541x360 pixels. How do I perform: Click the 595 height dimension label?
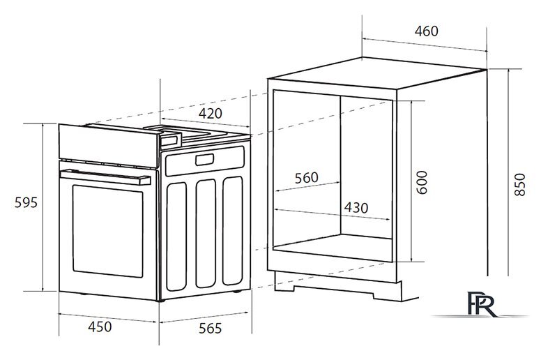click(x=26, y=202)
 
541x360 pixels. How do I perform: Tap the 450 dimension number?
click(x=100, y=327)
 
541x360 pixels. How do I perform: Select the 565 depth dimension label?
click(x=210, y=328)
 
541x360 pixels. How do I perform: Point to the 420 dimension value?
click(x=211, y=113)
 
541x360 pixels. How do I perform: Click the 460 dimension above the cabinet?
click(x=427, y=31)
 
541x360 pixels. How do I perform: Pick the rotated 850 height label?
click(x=519, y=185)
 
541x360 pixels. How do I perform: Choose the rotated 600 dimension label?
click(x=422, y=182)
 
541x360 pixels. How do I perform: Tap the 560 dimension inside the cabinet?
click(x=306, y=178)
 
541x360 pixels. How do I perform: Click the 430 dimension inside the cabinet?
click(x=356, y=208)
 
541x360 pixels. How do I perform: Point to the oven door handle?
click(x=105, y=177)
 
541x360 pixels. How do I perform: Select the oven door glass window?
click(x=107, y=231)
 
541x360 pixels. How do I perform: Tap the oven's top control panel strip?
click(x=108, y=146)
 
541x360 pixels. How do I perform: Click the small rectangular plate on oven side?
click(x=204, y=160)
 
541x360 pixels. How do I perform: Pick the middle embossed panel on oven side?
click(x=206, y=233)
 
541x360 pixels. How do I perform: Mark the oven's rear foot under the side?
click(x=237, y=292)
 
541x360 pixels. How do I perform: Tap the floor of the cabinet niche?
click(x=333, y=248)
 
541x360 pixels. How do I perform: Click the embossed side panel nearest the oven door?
click(x=176, y=237)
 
